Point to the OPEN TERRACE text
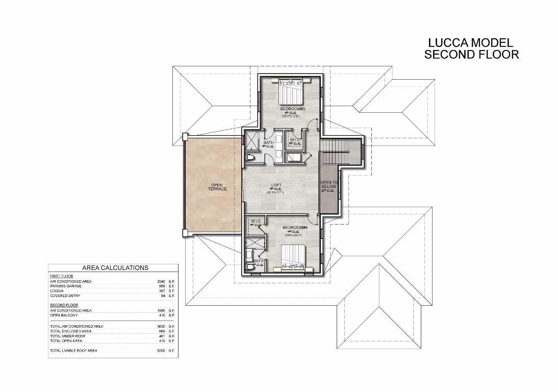coord(217,187)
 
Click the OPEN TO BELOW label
coord(328,185)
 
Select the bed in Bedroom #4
coord(293,256)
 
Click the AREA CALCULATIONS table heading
coord(115,267)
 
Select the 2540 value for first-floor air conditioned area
coord(161,281)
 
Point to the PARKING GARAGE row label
coord(65,286)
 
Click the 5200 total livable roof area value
coord(161,351)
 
